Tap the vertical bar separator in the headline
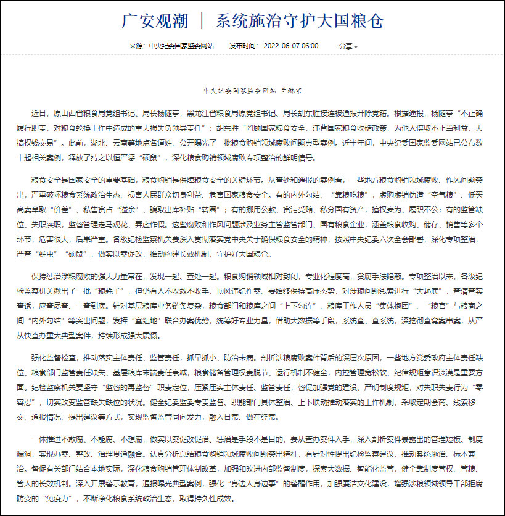(x=202, y=21)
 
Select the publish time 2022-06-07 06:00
(x=291, y=46)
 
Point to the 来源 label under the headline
(x=136, y=46)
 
